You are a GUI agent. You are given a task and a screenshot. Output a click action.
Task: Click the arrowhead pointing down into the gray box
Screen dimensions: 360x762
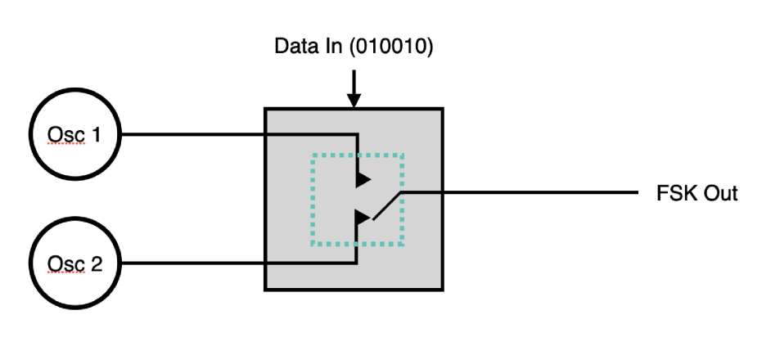354,100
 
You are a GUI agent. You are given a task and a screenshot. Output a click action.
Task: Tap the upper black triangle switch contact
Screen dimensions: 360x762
363,178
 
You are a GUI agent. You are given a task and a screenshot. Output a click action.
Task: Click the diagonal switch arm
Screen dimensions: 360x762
386,206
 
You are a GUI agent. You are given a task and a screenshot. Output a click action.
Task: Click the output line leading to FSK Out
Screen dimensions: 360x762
524,194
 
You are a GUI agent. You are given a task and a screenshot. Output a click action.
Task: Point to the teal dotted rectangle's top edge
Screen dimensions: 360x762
357,154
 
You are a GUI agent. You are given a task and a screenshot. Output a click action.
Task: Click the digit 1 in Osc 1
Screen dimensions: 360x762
97,134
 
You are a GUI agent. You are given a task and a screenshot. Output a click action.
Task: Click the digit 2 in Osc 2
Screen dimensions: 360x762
97,263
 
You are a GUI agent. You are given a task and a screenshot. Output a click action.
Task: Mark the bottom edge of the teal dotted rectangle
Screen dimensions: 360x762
357,245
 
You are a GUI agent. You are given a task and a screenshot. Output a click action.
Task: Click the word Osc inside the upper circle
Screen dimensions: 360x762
65,134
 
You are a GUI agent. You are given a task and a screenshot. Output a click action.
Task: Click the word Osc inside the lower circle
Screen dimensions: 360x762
65,263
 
